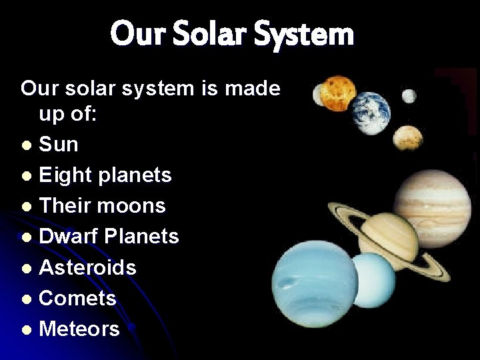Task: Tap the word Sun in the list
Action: tap(59, 144)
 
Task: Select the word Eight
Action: tap(64, 175)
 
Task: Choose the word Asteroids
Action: tap(87, 267)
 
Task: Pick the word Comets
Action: tap(77, 298)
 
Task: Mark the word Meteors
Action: tap(79, 329)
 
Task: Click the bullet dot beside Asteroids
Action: tap(25, 269)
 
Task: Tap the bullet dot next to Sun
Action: tap(25, 145)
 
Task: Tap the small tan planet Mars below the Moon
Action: tap(407, 138)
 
